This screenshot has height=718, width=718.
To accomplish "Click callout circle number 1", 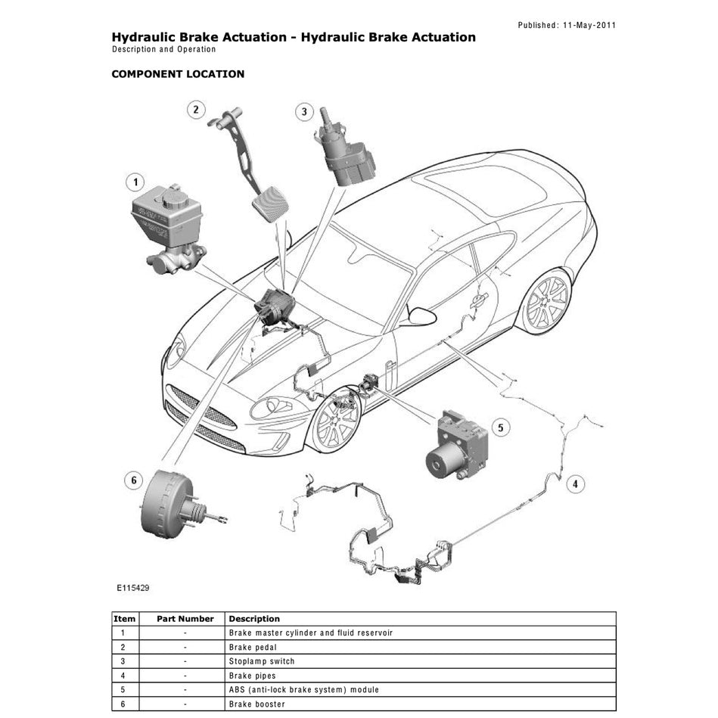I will [135, 182].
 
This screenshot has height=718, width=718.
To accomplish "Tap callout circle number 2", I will [195, 110].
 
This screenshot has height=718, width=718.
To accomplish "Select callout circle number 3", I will [303, 112].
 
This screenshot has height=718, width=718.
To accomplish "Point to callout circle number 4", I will [575, 484].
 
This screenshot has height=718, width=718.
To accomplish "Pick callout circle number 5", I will [499, 428].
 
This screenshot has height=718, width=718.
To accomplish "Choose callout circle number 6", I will [134, 480].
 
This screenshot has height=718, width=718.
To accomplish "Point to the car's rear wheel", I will [542, 303].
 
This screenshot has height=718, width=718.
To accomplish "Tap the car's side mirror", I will [421, 315].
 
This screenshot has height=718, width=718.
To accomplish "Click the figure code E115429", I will [132, 586].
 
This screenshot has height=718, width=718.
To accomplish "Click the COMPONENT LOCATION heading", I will [178, 74].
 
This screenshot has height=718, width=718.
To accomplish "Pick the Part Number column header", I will [185, 619].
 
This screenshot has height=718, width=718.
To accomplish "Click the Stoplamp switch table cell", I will [262, 661].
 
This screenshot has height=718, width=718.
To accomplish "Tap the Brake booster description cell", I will [257, 704].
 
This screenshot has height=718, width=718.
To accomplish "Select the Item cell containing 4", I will [123, 676].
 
